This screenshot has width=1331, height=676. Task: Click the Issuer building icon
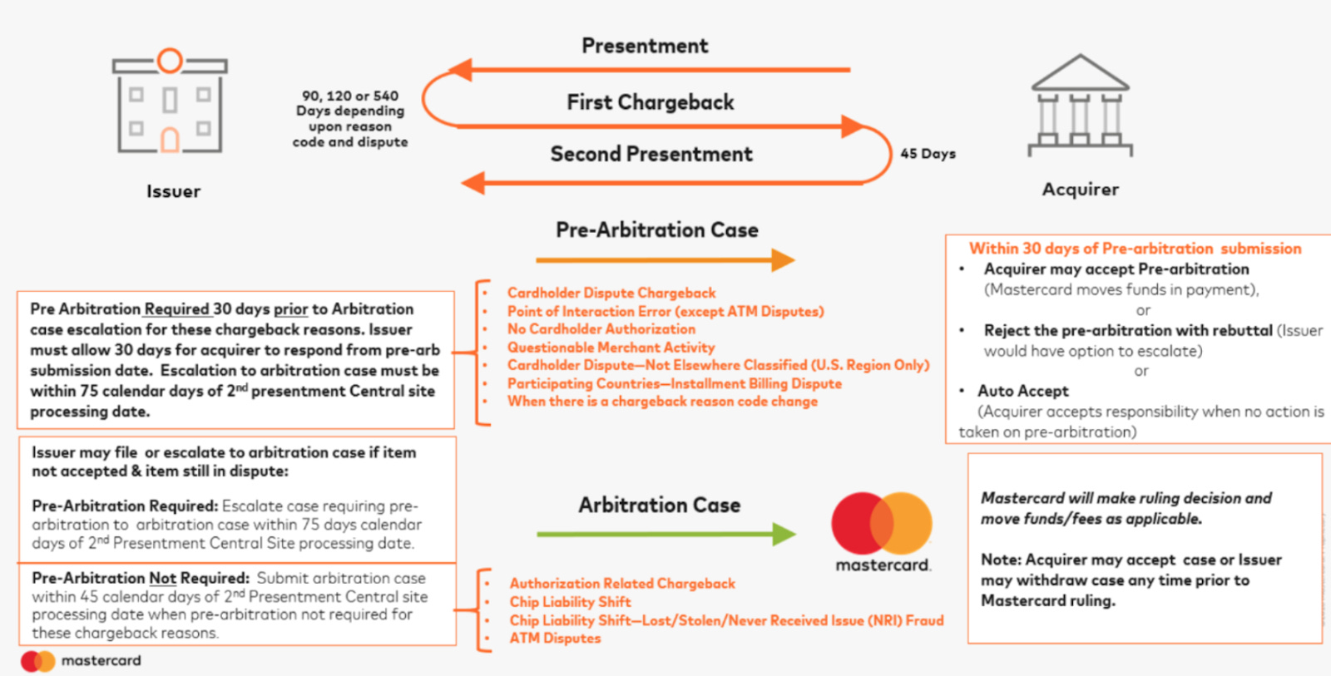click(170, 103)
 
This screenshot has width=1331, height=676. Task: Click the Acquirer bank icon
click(1080, 106)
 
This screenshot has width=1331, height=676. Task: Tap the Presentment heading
click(645, 46)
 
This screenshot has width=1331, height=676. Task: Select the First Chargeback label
click(651, 102)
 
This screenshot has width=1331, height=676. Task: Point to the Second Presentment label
click(651, 154)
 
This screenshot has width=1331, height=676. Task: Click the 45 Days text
click(928, 154)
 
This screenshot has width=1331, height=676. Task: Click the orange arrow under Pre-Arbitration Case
click(665, 260)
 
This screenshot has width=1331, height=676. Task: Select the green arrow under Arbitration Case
click(665, 534)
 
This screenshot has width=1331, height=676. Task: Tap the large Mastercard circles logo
click(882, 523)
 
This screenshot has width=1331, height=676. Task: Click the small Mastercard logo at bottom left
click(38, 661)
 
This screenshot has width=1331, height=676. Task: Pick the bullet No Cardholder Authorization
click(601, 329)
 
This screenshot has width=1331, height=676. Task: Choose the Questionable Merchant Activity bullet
click(611, 348)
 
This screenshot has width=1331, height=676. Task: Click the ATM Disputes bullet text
click(555, 639)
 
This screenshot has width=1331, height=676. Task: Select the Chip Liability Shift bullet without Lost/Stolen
click(570, 602)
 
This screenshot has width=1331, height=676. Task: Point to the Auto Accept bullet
click(1022, 391)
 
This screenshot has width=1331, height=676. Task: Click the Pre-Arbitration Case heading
click(657, 230)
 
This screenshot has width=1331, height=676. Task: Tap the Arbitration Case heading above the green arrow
click(659, 505)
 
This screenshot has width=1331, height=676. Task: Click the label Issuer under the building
click(173, 191)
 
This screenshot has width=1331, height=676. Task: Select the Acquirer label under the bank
click(1080, 190)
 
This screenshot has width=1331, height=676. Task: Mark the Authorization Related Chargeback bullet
click(622, 584)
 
